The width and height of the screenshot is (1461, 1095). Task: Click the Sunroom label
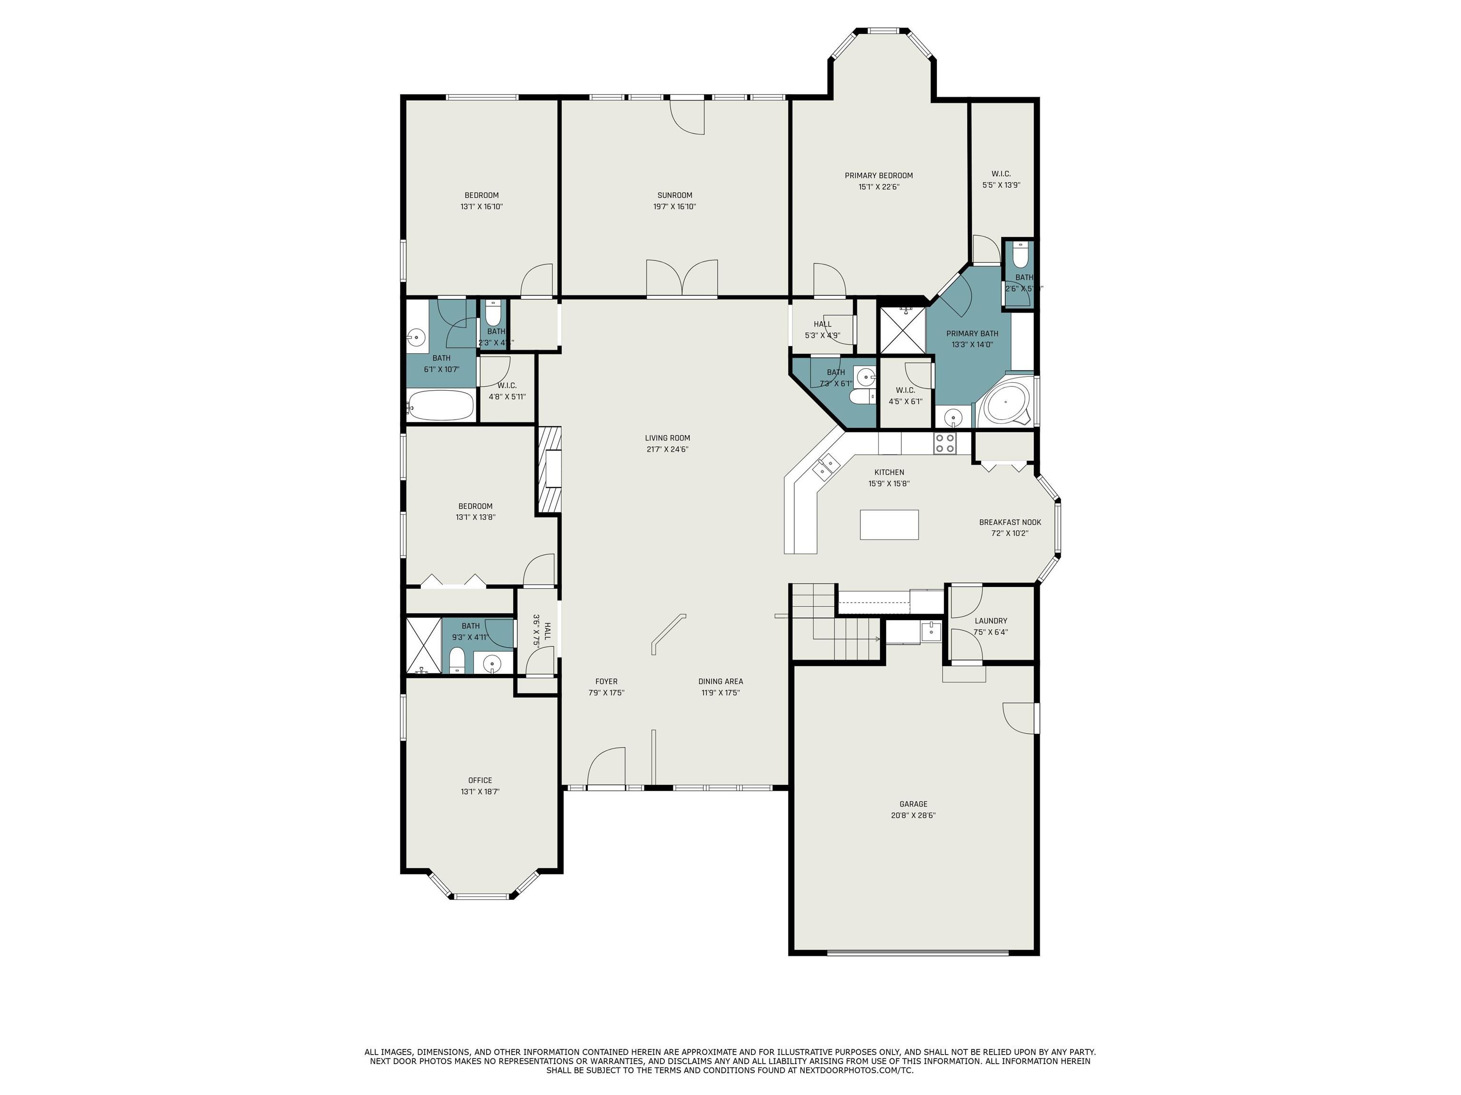tap(674, 195)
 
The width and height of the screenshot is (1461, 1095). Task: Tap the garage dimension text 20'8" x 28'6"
tap(913, 815)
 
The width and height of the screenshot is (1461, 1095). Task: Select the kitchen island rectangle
tap(889, 525)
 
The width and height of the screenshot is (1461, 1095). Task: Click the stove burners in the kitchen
tap(945, 443)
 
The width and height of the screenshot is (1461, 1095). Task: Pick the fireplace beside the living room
tap(549, 469)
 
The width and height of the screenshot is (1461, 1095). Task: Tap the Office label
tap(480, 780)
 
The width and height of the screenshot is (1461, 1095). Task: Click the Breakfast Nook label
tap(1010, 522)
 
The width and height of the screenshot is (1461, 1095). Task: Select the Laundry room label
tap(991, 620)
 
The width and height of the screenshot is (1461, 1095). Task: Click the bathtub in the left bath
tap(440, 405)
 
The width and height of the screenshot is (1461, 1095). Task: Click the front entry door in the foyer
tap(606, 769)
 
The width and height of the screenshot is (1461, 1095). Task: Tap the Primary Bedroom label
tap(878, 175)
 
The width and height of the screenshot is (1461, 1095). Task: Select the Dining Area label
tap(721, 681)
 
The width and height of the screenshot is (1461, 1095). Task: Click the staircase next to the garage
tap(836, 627)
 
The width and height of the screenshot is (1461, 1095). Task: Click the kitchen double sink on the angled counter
tap(826, 466)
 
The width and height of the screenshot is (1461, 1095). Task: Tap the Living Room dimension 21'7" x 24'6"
tap(668, 450)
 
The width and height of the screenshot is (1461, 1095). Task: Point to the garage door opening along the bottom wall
tap(917, 952)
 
